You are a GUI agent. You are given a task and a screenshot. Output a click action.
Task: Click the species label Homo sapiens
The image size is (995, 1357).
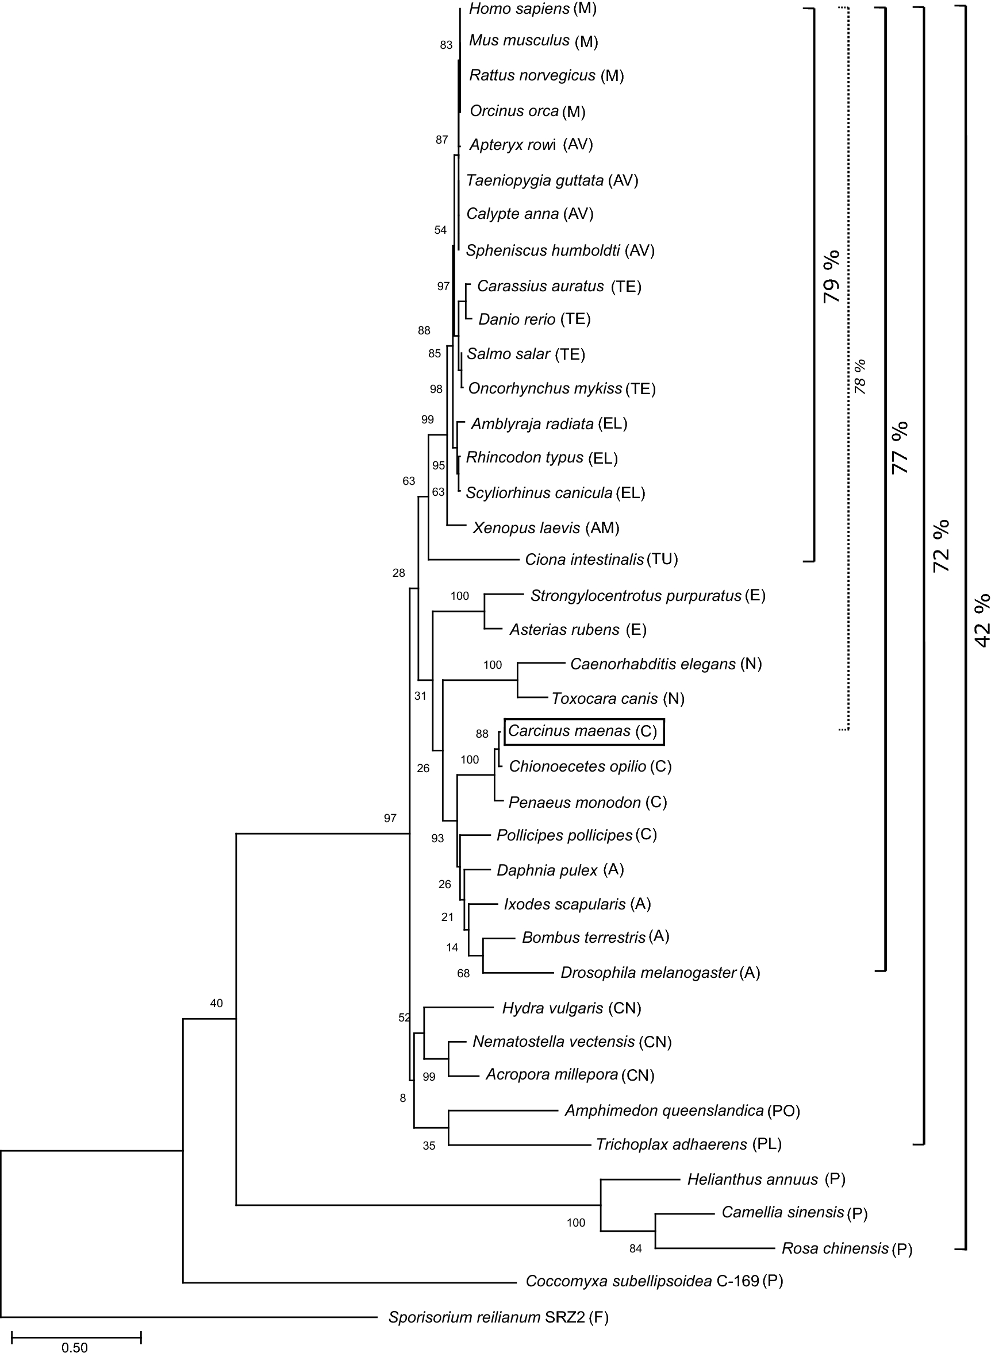(x=519, y=9)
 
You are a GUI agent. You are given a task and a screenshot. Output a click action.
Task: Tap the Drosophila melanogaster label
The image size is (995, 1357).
(x=649, y=973)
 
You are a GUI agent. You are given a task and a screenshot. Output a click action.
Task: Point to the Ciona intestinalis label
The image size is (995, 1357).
(x=584, y=560)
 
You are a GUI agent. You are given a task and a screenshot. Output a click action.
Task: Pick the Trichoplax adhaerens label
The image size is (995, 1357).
(x=671, y=1144)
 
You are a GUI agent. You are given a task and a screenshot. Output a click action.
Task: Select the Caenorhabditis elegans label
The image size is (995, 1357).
(x=653, y=664)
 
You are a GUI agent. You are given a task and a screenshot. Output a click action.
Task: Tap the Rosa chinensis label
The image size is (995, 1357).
(x=835, y=1248)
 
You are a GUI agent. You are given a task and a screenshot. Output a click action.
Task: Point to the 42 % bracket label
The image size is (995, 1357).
(x=982, y=620)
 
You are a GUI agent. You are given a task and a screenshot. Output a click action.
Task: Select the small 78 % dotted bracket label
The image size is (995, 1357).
(x=860, y=376)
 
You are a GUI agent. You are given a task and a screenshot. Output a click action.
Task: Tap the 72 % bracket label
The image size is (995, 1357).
(x=941, y=545)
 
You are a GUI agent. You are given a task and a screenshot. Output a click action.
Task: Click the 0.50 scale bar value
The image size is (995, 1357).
(x=75, y=1347)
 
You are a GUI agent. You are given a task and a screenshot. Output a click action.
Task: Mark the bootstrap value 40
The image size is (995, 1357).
(x=216, y=1003)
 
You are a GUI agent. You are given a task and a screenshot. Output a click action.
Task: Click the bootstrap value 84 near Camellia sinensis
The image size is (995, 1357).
(x=635, y=1248)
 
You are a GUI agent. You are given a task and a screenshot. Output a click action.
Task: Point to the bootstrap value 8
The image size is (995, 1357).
(x=403, y=1097)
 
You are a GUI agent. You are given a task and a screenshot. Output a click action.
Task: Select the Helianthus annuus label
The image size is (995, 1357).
(x=752, y=1179)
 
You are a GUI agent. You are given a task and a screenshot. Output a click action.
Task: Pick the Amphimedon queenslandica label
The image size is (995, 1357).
(x=664, y=1111)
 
